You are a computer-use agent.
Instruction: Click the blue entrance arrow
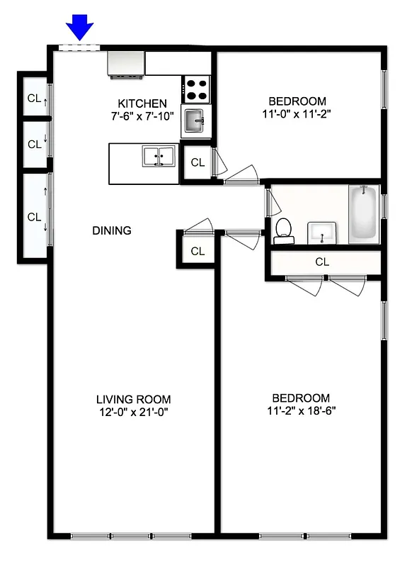click(x=80, y=28)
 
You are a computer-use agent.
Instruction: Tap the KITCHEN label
click(x=142, y=103)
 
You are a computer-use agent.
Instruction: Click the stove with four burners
click(x=198, y=89)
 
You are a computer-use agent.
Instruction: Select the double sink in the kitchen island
click(x=159, y=156)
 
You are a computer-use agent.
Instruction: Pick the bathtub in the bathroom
click(x=363, y=213)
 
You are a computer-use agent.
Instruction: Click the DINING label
click(x=112, y=230)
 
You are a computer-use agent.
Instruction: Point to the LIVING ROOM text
click(x=134, y=399)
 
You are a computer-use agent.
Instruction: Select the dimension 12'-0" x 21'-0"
click(x=134, y=411)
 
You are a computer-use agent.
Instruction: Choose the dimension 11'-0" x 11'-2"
click(x=297, y=113)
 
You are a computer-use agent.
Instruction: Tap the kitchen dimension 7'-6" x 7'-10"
click(x=142, y=116)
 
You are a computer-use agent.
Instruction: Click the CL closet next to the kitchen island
click(x=198, y=162)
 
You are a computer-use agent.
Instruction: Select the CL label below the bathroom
click(x=322, y=262)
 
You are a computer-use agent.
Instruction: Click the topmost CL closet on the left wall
click(x=33, y=99)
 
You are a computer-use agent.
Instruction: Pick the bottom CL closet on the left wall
click(x=34, y=217)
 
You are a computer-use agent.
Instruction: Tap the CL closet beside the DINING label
click(x=198, y=251)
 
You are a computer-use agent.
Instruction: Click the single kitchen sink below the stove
click(x=195, y=121)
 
